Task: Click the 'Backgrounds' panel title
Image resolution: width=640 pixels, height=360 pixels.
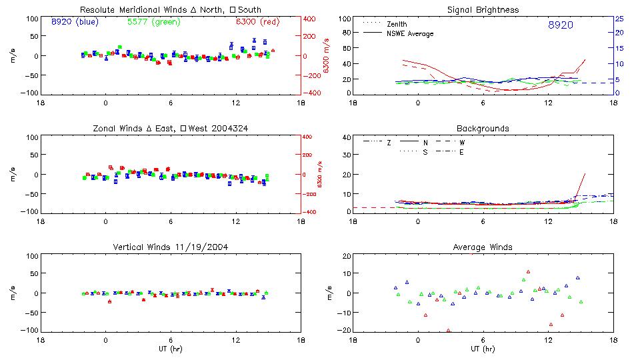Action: [483, 128]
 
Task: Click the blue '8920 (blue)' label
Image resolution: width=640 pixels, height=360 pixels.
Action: [75, 22]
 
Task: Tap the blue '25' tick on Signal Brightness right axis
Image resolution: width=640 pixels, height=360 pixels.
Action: [619, 19]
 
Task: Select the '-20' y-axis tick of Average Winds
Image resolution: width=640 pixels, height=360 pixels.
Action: [344, 331]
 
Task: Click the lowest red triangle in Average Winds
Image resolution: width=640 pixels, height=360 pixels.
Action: [449, 330]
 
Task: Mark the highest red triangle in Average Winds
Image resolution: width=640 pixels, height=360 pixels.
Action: [528, 272]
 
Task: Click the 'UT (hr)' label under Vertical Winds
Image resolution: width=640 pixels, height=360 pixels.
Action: [171, 349]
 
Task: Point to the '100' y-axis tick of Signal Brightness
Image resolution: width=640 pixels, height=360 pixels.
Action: [344, 19]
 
